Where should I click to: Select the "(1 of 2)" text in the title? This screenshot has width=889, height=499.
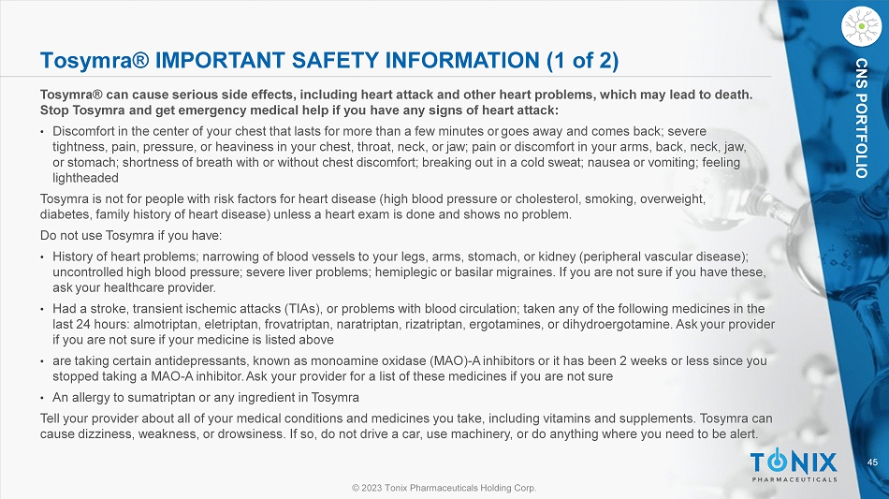pos(582,61)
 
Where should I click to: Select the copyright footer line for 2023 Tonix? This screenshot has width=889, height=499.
pos(444,488)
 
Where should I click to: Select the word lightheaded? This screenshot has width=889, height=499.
pos(85,178)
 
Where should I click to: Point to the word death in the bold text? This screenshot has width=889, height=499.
pos(732,95)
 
